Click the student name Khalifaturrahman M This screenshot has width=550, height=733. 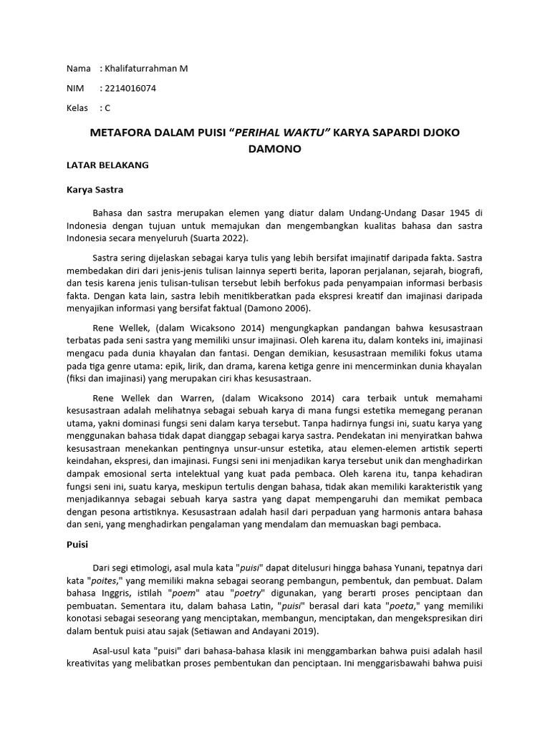click(147, 69)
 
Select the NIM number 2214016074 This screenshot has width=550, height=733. click(131, 89)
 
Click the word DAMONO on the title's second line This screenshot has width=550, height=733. click(275, 149)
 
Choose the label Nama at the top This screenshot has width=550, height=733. click(79, 69)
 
